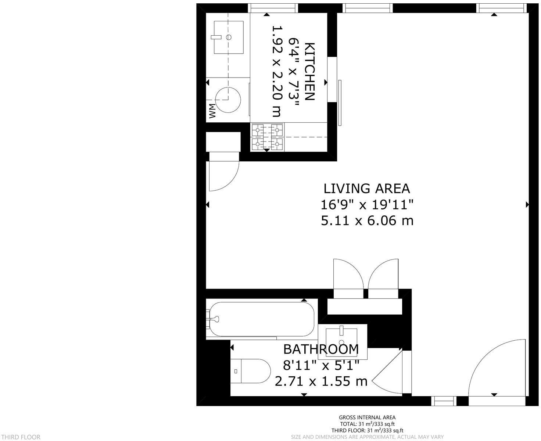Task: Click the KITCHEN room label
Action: pos(310,72)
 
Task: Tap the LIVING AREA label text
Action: pos(366,189)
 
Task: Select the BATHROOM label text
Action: pos(321,349)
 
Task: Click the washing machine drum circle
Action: pos(228,100)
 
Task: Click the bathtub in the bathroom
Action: pos(260,319)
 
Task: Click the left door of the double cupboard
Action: pos(347,275)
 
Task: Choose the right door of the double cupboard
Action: pos(383,275)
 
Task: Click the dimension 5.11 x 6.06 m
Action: pos(367,220)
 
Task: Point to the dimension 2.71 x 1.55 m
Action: pos(321,381)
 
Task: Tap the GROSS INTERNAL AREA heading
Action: pos(367,417)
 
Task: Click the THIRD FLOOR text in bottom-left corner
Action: pos(20,437)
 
